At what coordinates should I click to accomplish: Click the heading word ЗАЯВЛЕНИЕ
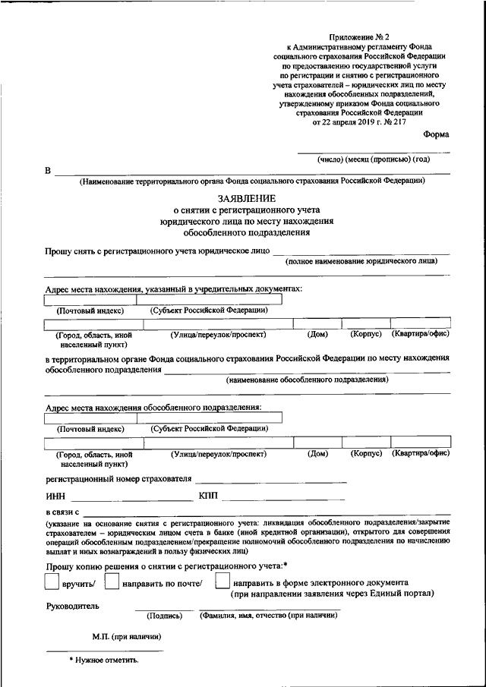[243, 197]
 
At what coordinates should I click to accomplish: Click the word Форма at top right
[436, 134]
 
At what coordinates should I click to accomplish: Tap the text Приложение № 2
[360, 37]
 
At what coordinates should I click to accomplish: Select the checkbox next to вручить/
[52, 581]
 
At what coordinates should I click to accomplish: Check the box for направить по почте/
[112, 581]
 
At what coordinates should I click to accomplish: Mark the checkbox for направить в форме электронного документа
[222, 581]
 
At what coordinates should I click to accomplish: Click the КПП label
[207, 496]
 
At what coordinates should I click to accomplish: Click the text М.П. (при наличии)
[125, 636]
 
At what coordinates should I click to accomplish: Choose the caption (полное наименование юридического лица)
[361, 260]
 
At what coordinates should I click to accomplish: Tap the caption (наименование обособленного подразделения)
[307, 379]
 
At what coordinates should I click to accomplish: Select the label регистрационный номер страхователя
[118, 479]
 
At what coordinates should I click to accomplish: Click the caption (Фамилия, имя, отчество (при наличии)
[269, 616]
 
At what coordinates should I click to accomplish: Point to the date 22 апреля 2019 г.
[346, 121]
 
